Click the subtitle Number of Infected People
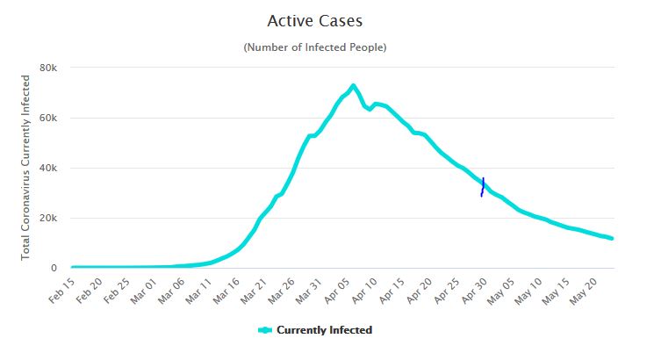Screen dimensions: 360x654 pyautogui.click(x=314, y=47)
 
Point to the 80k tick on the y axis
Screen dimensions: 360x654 pyautogui.click(x=48, y=68)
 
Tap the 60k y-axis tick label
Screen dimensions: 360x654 pyautogui.click(x=48, y=118)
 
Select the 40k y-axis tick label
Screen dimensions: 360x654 pyautogui.click(x=48, y=168)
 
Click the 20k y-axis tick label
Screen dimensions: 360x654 pyautogui.click(x=48, y=218)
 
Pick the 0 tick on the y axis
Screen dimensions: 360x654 pyautogui.click(x=54, y=268)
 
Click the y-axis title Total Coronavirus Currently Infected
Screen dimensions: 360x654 pyautogui.click(x=26, y=168)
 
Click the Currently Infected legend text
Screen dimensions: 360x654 pyautogui.click(x=324, y=330)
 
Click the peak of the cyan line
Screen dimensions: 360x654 pyautogui.click(x=353, y=86)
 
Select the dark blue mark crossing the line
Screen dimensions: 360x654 pyautogui.click(x=482, y=186)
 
